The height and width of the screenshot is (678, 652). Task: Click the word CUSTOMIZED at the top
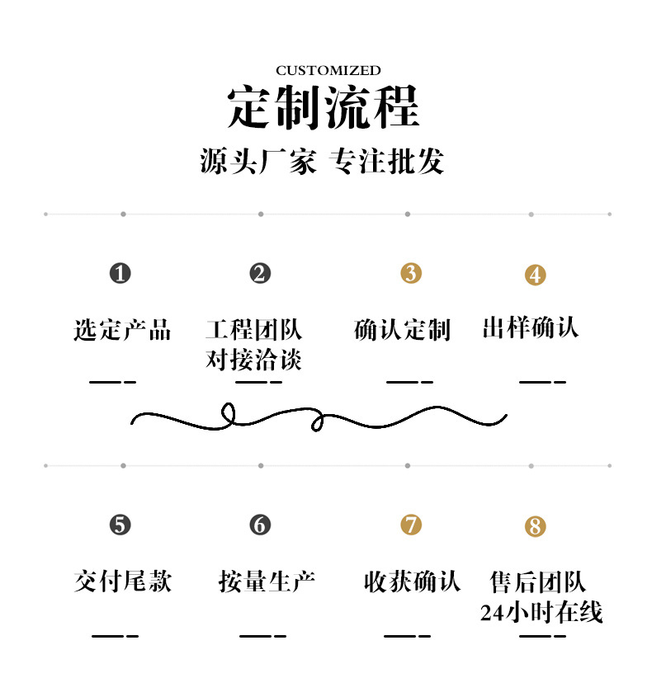pos(328,71)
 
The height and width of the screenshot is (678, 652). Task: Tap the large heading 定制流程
pos(324,107)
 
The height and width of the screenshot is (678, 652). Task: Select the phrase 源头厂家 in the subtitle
pos(257,161)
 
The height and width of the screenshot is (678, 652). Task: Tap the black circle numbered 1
pos(120,273)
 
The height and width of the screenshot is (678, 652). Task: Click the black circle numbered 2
pos(260,273)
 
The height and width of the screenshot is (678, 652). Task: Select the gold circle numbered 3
pos(411,273)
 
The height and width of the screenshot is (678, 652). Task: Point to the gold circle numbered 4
pos(536,275)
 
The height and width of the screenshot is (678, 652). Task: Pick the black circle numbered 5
pos(120,525)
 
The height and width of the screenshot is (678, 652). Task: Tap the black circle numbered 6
pos(260,525)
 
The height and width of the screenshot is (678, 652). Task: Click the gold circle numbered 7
pos(411,525)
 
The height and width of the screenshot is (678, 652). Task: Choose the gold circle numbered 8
pos(536,526)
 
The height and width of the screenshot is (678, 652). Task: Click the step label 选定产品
pos(122,330)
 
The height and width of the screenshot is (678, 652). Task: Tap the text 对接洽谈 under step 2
pos(253,360)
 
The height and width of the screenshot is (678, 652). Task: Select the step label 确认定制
pos(402,330)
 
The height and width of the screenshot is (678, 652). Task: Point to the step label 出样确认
pos(530,328)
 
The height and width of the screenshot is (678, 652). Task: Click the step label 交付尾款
pos(122,581)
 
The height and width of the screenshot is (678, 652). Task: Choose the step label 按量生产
pos(267,581)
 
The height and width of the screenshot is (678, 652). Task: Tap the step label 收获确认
pos(412,581)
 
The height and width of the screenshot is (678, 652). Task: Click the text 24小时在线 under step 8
pos(541,612)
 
